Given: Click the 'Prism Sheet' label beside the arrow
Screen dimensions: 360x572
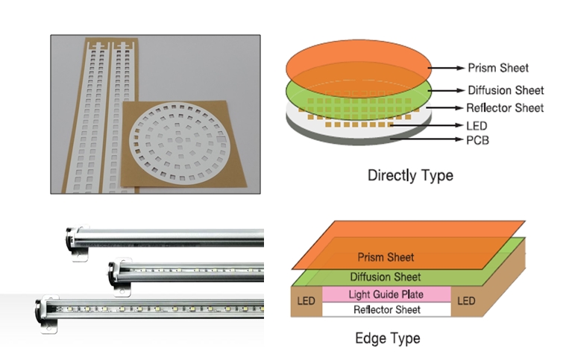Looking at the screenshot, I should pos(497,68).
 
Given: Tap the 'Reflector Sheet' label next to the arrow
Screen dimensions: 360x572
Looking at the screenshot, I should pos(505,108).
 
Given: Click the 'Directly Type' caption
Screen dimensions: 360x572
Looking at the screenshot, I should pos(410,176).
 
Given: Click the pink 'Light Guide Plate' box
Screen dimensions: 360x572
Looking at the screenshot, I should pos(386,294).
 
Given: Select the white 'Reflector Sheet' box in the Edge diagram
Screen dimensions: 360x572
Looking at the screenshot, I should pos(386,309).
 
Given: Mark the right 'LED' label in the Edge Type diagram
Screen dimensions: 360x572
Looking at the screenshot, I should pos(466,301).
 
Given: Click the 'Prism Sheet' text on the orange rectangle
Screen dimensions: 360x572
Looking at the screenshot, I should pos(386,258).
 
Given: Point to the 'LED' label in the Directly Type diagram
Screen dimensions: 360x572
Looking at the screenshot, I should pos(477,124).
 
